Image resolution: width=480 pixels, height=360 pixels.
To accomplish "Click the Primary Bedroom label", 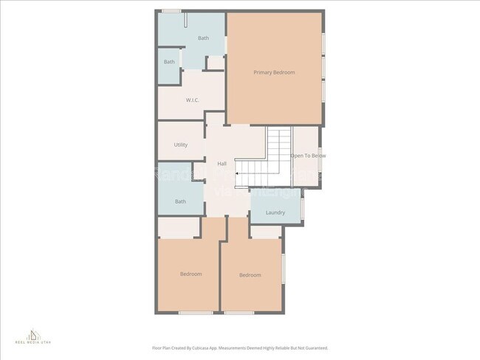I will coord(274,72).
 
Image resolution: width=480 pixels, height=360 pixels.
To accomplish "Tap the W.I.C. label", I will coord(193,100).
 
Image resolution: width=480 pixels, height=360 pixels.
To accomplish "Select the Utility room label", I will coord(180,145).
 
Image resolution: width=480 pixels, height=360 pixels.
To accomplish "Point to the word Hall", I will coord(222,164).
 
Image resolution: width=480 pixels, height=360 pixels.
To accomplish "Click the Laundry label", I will coord(275,212).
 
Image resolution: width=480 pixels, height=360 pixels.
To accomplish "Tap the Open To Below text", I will coord(307,156).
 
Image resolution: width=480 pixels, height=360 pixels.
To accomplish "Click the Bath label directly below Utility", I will coord(180,201).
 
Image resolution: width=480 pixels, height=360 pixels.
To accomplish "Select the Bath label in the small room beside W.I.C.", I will coord(169,62).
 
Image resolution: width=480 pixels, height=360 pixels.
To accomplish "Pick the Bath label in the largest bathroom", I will coord(203,38).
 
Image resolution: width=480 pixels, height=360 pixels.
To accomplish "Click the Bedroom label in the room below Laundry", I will coord(250,275).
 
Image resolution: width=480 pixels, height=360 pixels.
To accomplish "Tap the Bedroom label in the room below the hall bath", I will coord(191,274).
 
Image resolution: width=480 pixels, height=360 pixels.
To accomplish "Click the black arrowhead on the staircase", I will coord(237,173).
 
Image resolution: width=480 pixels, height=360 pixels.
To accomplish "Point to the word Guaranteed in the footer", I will coord(313,347).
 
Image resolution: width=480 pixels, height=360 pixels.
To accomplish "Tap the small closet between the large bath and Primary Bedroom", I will coord(215,63).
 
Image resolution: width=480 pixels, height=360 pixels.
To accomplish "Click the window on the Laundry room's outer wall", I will coord(303,209).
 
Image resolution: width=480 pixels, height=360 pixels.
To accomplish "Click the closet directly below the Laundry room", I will coord(266,232).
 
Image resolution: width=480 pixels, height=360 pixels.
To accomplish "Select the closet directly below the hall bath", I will coord(177,227).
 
